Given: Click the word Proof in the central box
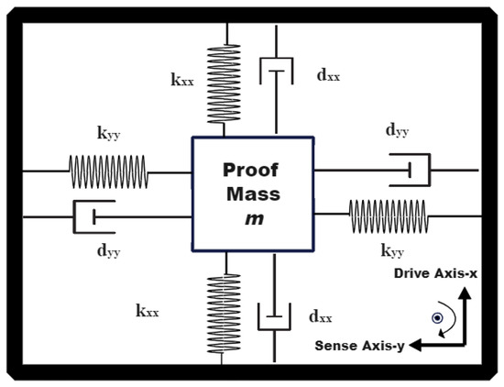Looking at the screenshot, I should [x=252, y=171].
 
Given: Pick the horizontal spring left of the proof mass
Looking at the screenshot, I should [x=108, y=171].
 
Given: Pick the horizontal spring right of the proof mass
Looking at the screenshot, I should [x=389, y=216].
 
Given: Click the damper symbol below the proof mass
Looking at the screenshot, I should [x=274, y=317].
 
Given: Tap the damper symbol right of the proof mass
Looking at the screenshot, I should [x=410, y=170].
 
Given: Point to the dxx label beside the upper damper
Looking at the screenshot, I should [x=327, y=76].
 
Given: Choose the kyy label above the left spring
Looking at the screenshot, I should [x=109, y=134].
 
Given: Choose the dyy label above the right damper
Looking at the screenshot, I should [x=397, y=132].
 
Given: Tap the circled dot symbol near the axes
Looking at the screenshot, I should [x=438, y=318].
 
